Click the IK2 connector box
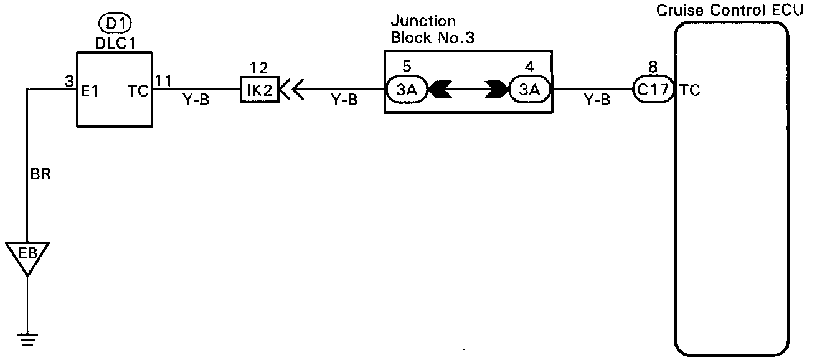(258, 90)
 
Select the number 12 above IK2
(257, 66)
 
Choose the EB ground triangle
(27, 255)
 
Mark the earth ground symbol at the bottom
(27, 339)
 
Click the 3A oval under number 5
(406, 90)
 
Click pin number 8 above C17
(652, 67)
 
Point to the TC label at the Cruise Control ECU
(690, 90)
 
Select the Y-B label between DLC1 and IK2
(196, 101)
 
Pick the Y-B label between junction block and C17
(597, 101)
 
